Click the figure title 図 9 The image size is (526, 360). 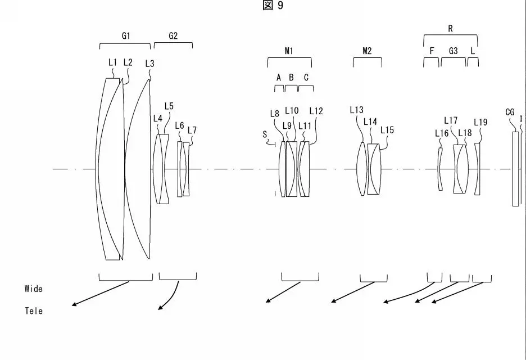click(x=273, y=6)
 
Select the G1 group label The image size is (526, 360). click(x=126, y=35)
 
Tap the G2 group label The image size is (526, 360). click(x=173, y=35)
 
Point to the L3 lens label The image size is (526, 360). click(x=149, y=63)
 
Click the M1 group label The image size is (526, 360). click(x=289, y=51)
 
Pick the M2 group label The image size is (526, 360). click(x=367, y=51)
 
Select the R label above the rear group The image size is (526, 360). click(x=451, y=29)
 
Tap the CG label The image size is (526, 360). click(x=510, y=112)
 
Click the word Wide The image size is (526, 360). click(x=34, y=289)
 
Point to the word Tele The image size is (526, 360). click(x=34, y=310)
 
